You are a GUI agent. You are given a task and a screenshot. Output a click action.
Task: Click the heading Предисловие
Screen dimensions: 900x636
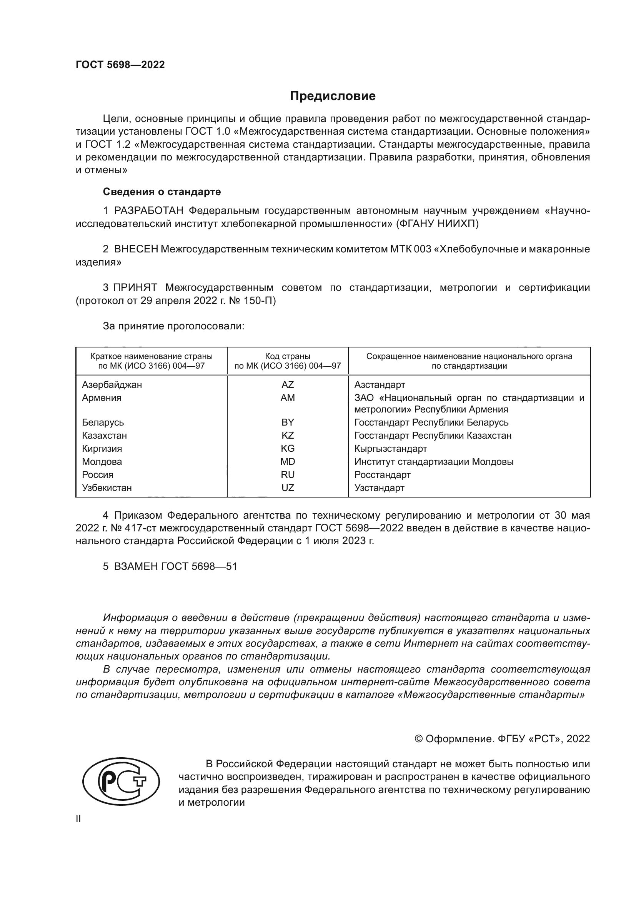tap(333, 96)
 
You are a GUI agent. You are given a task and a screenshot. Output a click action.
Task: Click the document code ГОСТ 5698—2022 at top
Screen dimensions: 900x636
tap(120, 65)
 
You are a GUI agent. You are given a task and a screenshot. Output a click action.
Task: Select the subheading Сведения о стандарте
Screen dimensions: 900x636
tap(162, 192)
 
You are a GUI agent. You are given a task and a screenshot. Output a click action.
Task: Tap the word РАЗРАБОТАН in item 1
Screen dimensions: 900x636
tap(149, 211)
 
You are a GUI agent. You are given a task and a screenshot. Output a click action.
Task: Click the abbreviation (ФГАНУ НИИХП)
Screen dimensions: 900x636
tap(438, 224)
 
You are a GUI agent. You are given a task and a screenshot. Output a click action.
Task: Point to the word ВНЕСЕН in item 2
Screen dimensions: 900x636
tap(136, 249)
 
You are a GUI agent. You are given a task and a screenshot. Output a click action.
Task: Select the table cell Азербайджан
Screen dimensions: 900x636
tap(112, 384)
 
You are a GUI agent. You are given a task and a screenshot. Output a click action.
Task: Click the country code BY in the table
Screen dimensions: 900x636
tap(288, 422)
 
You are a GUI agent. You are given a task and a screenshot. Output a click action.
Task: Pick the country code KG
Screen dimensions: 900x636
tap(288, 448)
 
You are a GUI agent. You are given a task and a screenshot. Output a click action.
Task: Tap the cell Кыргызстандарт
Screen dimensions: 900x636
tap(390, 448)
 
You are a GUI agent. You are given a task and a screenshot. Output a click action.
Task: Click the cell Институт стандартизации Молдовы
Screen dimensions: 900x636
tap(433, 462)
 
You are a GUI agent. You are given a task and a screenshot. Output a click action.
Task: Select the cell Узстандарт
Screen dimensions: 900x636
tap(379, 488)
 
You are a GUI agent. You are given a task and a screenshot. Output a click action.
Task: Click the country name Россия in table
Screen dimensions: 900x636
tap(98, 475)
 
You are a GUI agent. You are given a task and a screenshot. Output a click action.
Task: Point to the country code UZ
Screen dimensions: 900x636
tap(288, 488)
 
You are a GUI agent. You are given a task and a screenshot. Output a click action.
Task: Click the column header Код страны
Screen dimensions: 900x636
tap(288, 356)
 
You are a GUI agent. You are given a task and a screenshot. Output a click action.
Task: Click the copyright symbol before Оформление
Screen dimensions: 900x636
tap(418, 739)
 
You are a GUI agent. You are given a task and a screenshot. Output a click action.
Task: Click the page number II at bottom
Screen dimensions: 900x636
tap(78, 819)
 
